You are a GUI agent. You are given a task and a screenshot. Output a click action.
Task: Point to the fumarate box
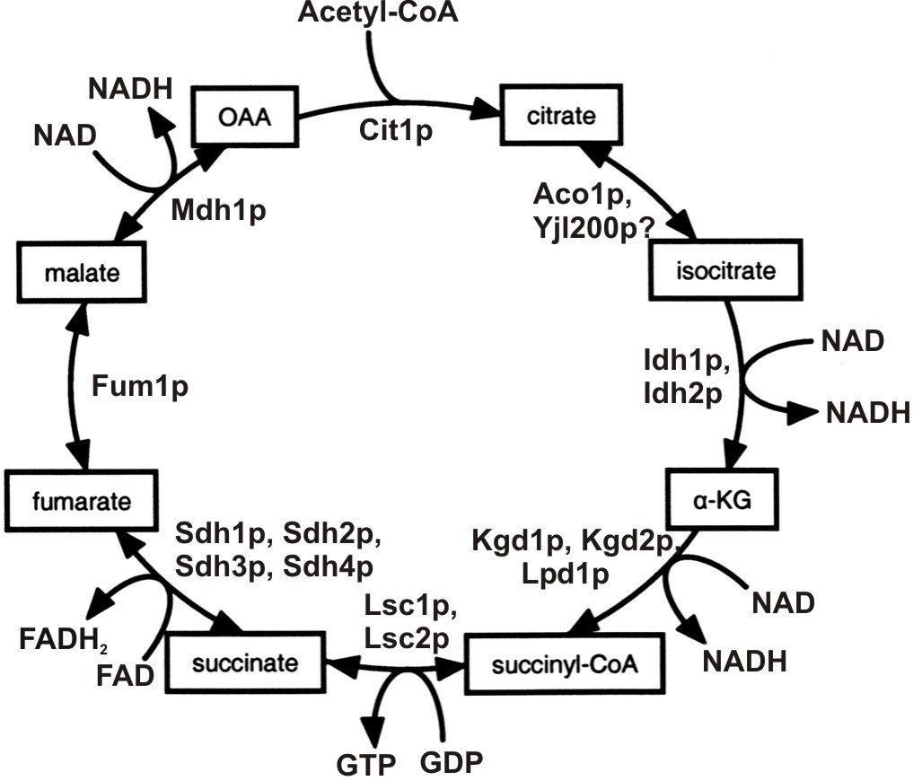[79, 499]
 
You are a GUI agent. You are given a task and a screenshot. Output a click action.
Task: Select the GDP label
[451, 763]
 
